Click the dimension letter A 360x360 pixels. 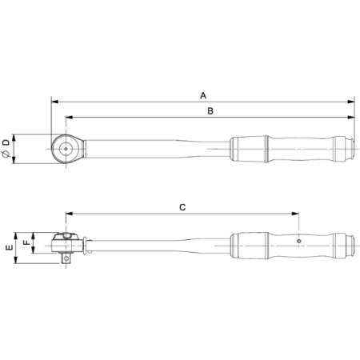click(203, 95)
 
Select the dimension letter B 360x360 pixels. click(210, 111)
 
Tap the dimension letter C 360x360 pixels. click(182, 207)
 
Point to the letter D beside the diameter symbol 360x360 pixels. click(6, 142)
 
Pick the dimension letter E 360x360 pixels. click(10, 248)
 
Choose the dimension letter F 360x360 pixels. click(26, 242)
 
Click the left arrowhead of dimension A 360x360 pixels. click(54, 102)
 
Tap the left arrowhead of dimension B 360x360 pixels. click(70, 118)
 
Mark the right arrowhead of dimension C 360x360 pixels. click(295, 214)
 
